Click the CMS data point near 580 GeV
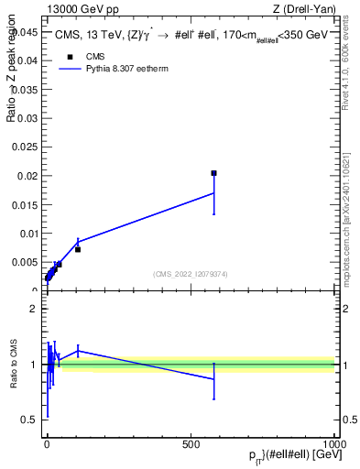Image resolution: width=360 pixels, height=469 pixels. point(213,172)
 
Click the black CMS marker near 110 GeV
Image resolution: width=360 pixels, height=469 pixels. point(78,249)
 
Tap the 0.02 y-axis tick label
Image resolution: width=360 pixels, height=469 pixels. point(27,176)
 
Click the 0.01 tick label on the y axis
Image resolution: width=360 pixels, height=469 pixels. point(27,234)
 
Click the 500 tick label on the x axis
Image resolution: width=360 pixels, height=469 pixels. point(191,443)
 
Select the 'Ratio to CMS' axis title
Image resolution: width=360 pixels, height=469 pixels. point(14,365)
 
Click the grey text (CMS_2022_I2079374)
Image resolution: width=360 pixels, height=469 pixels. point(190,273)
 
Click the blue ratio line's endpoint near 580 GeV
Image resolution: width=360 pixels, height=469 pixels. point(213,378)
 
